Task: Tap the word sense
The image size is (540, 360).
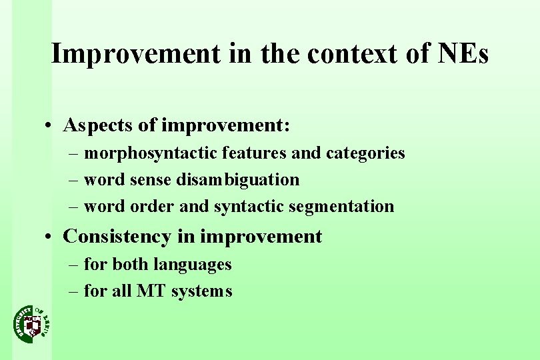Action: (151, 179)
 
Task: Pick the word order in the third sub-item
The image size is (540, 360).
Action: (153, 207)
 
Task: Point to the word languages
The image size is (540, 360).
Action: (193, 265)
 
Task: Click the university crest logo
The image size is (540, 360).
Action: (31, 323)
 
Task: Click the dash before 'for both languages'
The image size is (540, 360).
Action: (75, 265)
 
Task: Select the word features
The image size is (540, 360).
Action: (255, 153)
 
